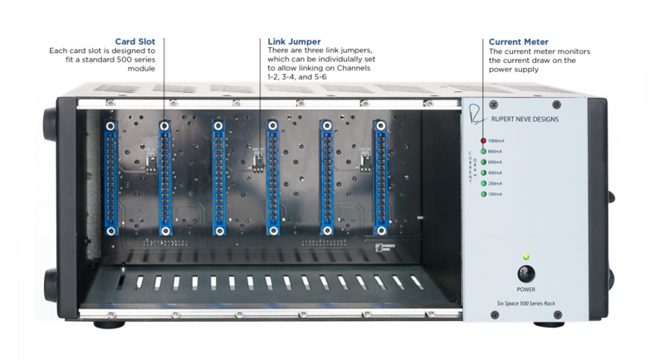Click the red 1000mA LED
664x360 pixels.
coord(483,141)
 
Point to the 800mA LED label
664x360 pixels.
coord(496,152)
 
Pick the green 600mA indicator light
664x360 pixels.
coord(483,162)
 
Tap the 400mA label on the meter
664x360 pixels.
coord(496,173)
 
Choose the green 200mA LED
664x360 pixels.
coord(483,183)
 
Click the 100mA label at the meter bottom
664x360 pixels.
coord(496,194)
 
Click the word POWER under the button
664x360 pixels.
coord(525,289)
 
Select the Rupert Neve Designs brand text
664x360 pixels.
coord(535,119)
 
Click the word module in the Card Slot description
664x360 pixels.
coord(141,69)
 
